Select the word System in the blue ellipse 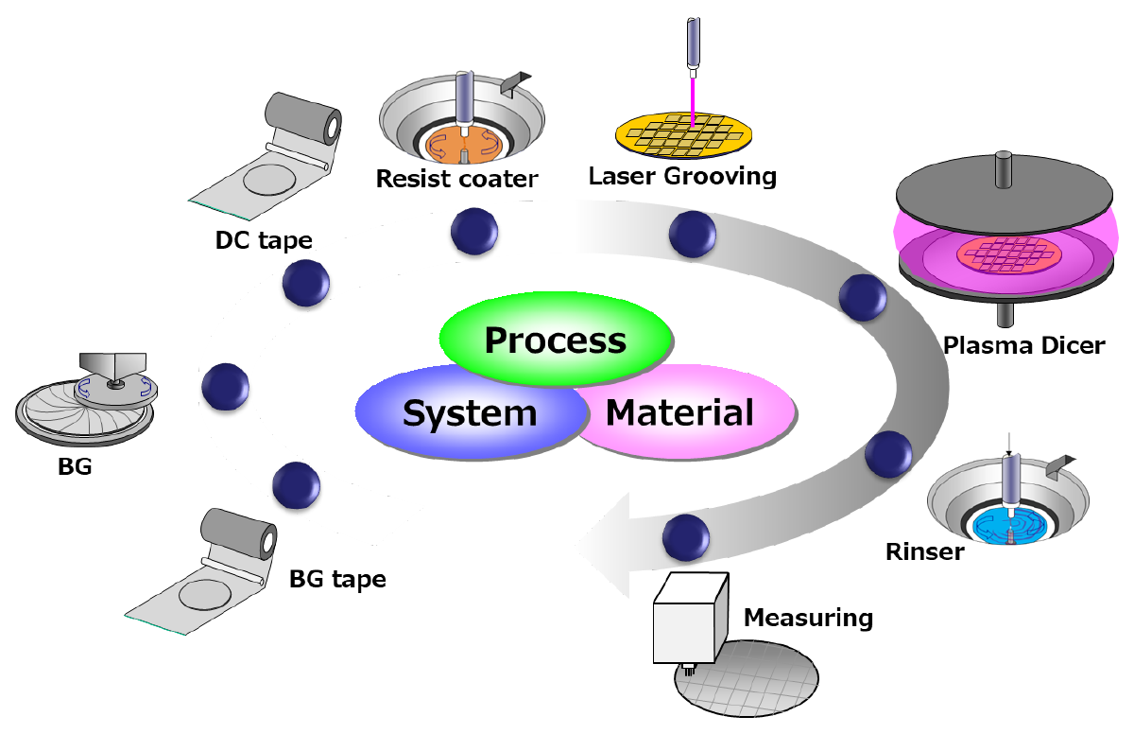coord(470,413)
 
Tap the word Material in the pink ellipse coord(679,412)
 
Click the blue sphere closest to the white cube coord(686,537)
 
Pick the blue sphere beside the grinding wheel coord(226,386)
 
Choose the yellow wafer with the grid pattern coord(686,134)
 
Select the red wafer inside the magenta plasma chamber coord(1006,253)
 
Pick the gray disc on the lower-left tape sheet coord(204,594)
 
